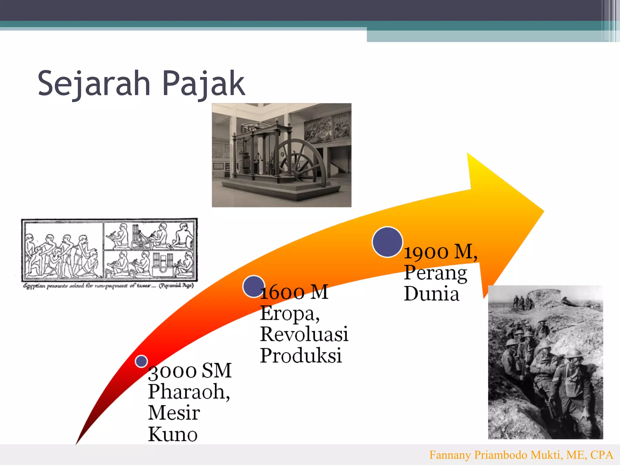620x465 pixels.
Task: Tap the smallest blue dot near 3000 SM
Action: (141, 361)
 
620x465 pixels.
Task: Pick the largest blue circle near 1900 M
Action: (387, 242)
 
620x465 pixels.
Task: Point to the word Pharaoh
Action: (188, 392)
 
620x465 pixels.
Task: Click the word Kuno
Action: (173, 434)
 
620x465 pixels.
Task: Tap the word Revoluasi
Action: (304, 334)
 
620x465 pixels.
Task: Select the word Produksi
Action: (301, 355)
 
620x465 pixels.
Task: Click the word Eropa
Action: (289, 313)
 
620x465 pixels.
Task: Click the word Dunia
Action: (431, 294)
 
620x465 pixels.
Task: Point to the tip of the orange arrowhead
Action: (543, 211)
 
